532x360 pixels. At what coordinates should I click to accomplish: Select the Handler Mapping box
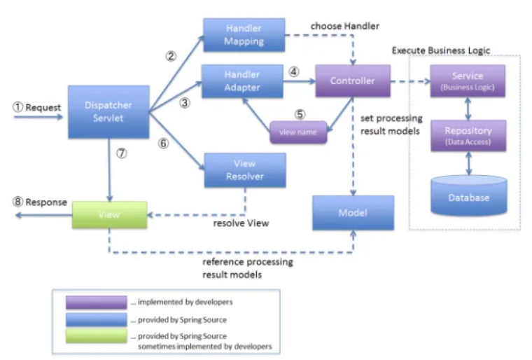[x=244, y=35]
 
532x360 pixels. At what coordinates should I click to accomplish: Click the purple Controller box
[x=352, y=81]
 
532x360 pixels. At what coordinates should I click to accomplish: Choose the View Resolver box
[x=244, y=170]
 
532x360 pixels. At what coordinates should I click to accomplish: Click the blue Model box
[x=352, y=212]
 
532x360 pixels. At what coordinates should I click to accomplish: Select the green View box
[x=110, y=215]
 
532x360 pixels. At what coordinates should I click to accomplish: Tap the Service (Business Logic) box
[x=467, y=82]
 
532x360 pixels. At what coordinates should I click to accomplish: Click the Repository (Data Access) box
[x=467, y=134]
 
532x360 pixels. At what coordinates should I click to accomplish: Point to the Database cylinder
[x=467, y=197]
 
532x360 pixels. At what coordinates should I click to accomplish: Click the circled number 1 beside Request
[x=17, y=108]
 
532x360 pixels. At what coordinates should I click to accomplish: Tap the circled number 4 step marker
[x=294, y=71]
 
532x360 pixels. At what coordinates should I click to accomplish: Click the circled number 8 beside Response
[x=17, y=202]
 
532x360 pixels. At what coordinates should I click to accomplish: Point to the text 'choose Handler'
[x=345, y=27]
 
